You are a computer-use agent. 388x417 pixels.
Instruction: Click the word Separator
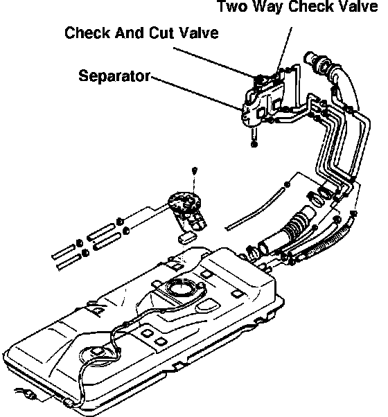pyautogui.click(x=114, y=76)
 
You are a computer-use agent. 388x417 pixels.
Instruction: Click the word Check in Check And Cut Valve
pyautogui.click(x=88, y=33)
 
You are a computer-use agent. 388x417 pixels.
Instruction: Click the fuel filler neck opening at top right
pyautogui.click(x=309, y=57)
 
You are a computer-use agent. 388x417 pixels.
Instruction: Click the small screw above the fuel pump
pyautogui.click(x=195, y=170)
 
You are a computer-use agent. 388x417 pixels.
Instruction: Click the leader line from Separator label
pyautogui.click(x=196, y=93)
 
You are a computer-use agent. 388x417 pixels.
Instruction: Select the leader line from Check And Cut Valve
pyautogui.click(x=215, y=63)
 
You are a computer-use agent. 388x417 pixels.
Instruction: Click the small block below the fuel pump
pyautogui.click(x=188, y=238)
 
